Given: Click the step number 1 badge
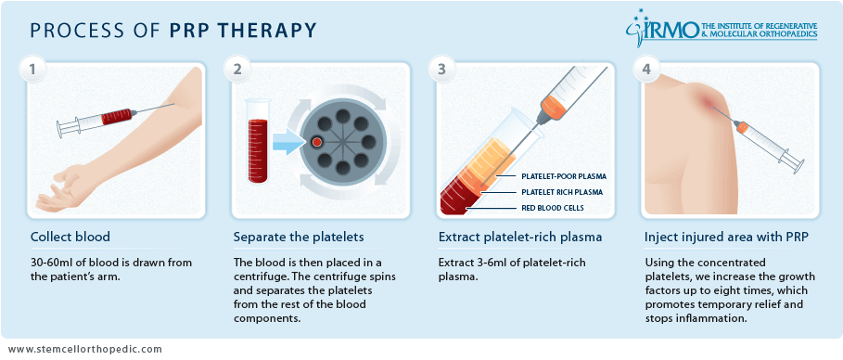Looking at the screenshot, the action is point(32,70).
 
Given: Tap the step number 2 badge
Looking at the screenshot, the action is point(237,70).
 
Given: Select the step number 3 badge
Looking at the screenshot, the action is point(441,70).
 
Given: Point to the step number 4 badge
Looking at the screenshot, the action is point(645,70).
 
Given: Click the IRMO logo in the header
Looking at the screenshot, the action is point(721,28).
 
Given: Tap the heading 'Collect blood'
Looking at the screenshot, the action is point(70,237).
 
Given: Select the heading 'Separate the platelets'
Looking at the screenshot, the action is point(299,237).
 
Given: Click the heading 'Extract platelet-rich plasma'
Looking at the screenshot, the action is point(520,237).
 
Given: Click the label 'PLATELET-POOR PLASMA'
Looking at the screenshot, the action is point(564,176).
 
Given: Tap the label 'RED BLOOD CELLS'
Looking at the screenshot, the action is point(554,208).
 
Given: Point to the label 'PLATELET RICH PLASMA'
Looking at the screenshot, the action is point(562,192).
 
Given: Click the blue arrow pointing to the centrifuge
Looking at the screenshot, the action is point(288,142).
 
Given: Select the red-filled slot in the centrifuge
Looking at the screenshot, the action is point(317,142).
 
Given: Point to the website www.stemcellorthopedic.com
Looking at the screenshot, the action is point(85,349).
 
